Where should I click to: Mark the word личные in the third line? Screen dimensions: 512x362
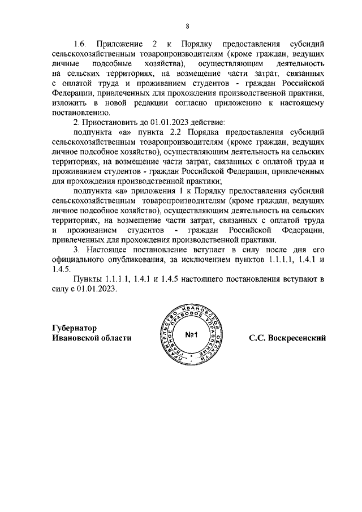62,64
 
